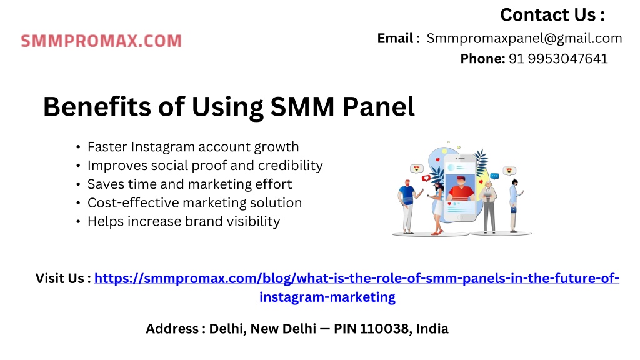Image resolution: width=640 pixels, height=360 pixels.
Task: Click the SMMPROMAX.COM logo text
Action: tap(101, 41)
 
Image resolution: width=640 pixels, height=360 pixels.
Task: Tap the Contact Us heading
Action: tap(552, 15)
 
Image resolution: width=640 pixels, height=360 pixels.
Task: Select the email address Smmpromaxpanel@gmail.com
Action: tap(524, 38)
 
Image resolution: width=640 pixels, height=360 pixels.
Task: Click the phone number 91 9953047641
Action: tap(558, 59)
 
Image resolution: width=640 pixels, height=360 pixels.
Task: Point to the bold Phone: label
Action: tap(482, 59)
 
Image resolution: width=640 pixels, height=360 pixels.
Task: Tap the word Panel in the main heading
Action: tap(378, 106)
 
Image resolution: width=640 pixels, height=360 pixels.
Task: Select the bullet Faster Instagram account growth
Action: tap(192, 147)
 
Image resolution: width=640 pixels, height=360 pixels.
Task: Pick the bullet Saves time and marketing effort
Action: tap(189, 184)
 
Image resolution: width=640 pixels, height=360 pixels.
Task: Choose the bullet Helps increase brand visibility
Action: tap(184, 221)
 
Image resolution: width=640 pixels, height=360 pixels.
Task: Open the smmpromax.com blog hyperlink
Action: tap(357, 287)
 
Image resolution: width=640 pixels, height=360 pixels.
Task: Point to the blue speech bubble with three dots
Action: tap(494, 176)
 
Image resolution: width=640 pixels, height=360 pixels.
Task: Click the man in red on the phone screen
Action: tap(461, 187)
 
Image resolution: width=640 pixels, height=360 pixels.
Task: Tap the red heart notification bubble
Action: tap(426, 178)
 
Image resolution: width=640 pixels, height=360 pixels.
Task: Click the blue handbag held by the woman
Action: tap(514, 210)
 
